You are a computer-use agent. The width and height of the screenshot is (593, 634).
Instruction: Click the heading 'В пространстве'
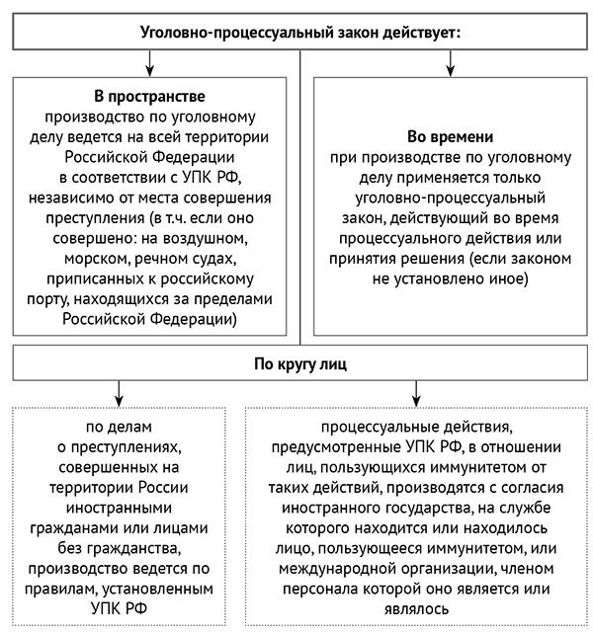pyautogui.click(x=149, y=97)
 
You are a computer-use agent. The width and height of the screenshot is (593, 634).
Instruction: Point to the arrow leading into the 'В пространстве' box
pyautogui.click(x=149, y=64)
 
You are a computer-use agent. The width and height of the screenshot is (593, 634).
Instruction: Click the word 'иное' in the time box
pyautogui.click(x=512, y=280)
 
